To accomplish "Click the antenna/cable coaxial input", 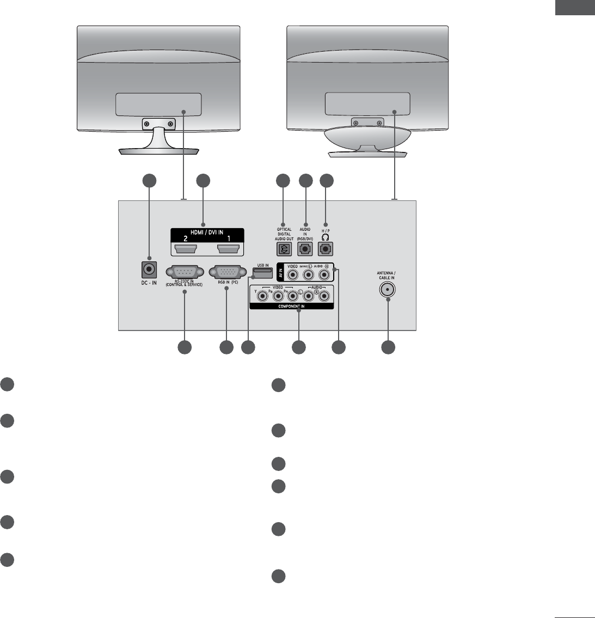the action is tap(388, 290).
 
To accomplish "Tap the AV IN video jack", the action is tap(293, 275).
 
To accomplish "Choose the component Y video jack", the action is tap(263, 296).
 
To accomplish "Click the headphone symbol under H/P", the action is tap(326, 237).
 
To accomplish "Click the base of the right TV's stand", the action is tap(367, 154).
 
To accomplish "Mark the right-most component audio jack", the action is tap(324, 296).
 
